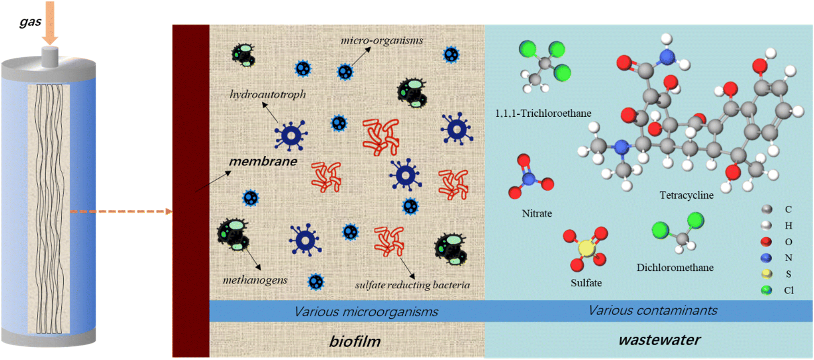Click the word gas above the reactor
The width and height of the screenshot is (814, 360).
coord(30,22)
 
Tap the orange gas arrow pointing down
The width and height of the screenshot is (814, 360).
coord(50,24)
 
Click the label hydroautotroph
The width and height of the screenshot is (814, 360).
coord(268,94)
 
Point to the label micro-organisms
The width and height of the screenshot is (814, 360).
coord(382,41)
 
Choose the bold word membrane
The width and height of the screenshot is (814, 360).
coord(263,161)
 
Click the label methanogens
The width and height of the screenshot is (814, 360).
coord(255,280)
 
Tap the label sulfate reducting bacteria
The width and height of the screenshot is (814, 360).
coord(412,285)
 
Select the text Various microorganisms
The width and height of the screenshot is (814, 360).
coord(366,311)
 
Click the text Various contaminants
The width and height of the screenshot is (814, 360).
coord(653,311)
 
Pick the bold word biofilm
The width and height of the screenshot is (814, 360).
coord(355,341)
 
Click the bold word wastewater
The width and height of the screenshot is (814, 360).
coord(659,340)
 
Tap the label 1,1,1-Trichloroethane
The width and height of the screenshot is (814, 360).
coord(543,113)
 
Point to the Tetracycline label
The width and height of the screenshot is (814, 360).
coord(686,196)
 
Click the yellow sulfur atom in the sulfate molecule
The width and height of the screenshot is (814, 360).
coord(586,248)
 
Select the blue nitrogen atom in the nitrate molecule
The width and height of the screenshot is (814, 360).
coord(528,179)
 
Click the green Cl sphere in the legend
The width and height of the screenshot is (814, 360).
coord(766,290)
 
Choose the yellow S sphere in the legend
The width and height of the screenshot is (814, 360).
coord(766,274)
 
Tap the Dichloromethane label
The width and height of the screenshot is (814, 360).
coord(675,268)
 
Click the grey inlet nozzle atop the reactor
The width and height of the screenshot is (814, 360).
coord(50,57)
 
